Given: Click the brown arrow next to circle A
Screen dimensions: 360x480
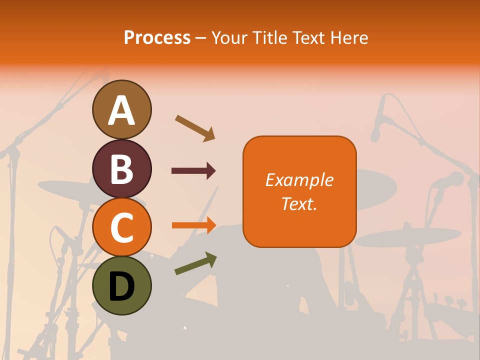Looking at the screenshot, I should (195, 128).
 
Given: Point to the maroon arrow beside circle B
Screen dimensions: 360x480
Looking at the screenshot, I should (193, 171).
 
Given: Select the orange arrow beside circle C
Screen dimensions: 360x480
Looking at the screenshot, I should (193, 225).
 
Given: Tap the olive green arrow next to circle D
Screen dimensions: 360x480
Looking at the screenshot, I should (195, 263).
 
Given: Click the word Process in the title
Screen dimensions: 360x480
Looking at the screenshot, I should (157, 37).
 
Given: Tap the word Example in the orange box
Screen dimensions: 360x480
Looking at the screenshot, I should (299, 180).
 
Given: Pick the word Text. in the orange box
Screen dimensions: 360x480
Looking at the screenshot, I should (299, 203).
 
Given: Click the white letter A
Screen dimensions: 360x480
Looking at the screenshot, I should (121, 110).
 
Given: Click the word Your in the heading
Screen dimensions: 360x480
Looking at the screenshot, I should (230, 37).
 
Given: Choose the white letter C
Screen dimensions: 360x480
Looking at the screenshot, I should (121, 227).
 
